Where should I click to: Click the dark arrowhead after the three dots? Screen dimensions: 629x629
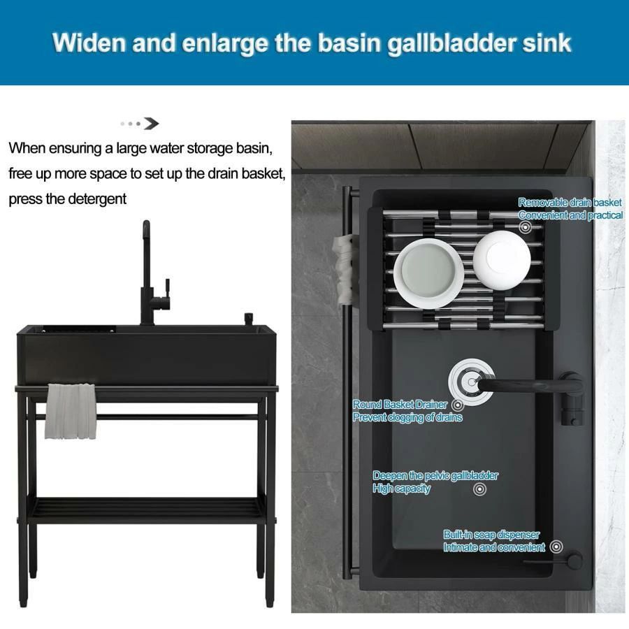pos(152,124)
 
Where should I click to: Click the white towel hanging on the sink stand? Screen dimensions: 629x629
pos(71,411)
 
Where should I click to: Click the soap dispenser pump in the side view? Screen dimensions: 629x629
pos(249,319)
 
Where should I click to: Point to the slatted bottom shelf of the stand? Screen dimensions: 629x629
pos(147,510)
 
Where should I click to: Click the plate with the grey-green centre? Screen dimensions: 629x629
pos(428,273)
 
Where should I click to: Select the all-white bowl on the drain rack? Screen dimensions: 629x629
pos(501,259)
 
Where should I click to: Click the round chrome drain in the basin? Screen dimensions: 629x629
pos(471,382)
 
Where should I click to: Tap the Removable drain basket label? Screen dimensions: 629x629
pos(570,202)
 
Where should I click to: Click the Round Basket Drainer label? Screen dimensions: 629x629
pos(400,405)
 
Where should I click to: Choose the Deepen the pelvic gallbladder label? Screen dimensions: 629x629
pos(435,476)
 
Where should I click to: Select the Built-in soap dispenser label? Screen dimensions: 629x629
pos(491,535)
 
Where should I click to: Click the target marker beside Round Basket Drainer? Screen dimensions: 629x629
pos(458,405)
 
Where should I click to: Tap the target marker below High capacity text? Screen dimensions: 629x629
pos(479,489)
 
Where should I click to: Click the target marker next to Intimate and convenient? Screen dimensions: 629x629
pos(556,547)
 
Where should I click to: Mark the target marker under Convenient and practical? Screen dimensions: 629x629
pos(526,227)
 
